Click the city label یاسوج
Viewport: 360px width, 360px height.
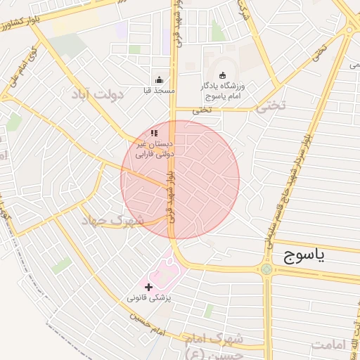304,256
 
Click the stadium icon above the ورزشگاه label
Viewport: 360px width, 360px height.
223,76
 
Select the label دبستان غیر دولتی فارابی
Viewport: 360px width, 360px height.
153,147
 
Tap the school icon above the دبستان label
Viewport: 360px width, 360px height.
154,133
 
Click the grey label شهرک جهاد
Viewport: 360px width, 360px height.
117,220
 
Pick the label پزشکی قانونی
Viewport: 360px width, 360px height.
149,298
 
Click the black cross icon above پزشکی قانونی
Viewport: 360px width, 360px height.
148,287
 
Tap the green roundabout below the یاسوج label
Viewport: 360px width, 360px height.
266,269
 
